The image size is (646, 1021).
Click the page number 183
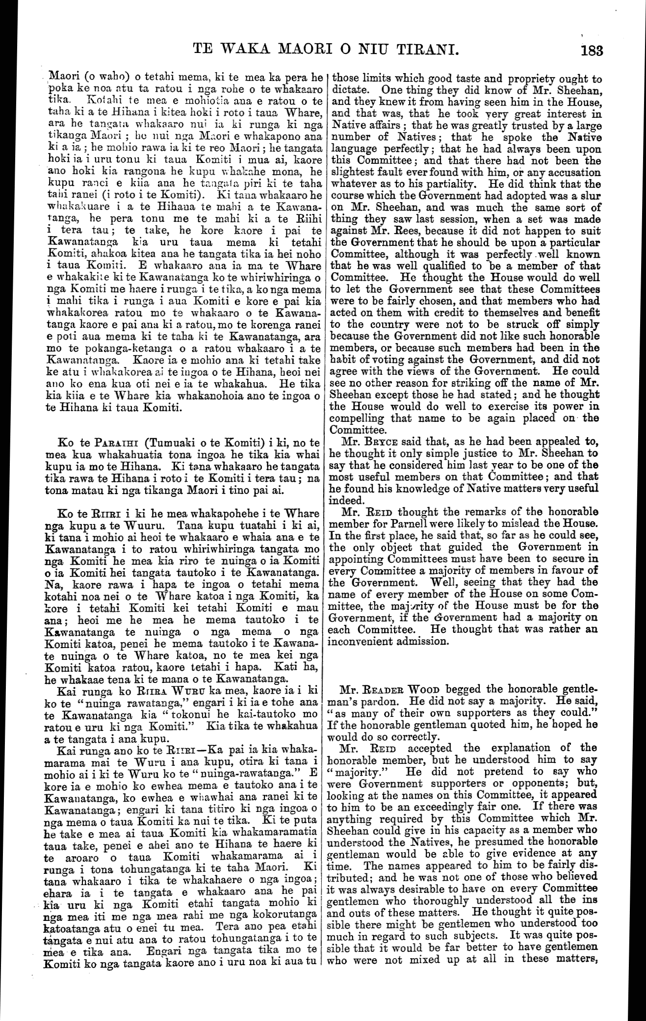click(591, 50)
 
